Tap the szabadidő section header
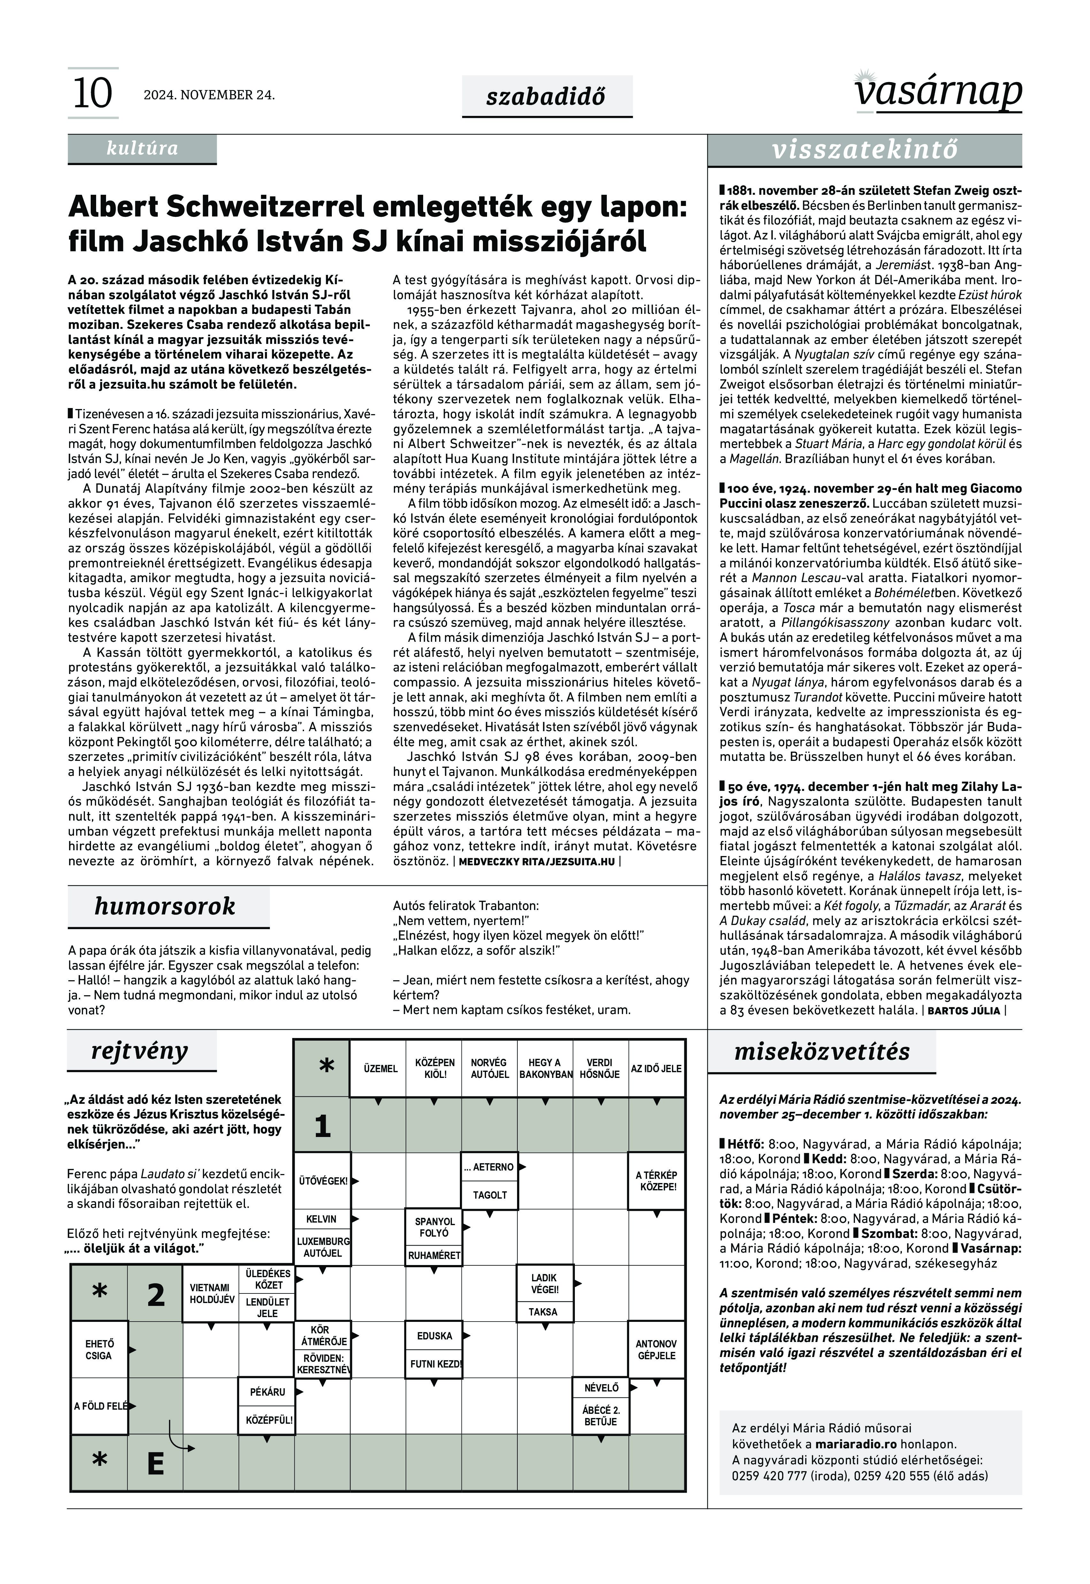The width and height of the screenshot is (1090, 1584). (x=546, y=96)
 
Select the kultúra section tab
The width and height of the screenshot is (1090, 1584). (x=142, y=149)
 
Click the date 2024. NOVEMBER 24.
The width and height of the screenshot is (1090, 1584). (x=209, y=95)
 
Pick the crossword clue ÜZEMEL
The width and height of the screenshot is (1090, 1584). (x=380, y=1069)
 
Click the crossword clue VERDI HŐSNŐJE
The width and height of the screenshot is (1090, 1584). (x=600, y=1069)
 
